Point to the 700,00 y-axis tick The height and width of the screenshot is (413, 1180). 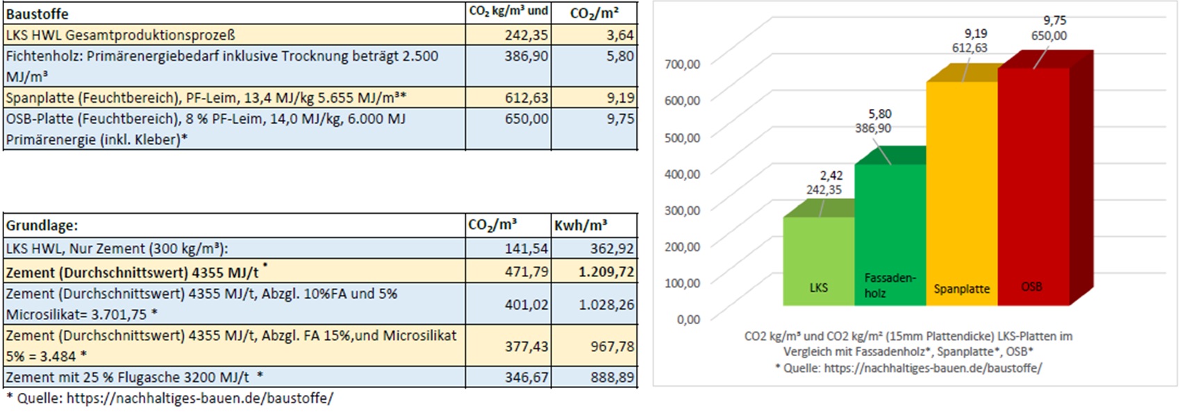tap(683, 64)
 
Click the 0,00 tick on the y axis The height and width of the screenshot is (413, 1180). tap(688, 319)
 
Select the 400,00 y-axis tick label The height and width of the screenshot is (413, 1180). tap(683, 174)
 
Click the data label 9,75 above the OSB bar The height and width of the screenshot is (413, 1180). tap(1054, 21)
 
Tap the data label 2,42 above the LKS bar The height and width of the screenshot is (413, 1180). tap(831, 176)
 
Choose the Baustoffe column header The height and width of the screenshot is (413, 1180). tap(38, 14)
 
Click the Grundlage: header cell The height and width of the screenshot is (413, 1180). tap(42, 226)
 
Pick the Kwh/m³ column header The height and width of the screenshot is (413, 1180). tap(581, 226)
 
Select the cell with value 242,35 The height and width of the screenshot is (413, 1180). tap(526, 35)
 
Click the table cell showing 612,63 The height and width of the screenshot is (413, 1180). tap(526, 98)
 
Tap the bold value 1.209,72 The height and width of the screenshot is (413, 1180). tap(606, 271)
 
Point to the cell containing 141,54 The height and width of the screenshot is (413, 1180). tap(526, 248)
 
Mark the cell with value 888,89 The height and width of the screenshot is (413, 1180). tap(610, 378)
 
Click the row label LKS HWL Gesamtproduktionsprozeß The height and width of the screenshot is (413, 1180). tap(121, 35)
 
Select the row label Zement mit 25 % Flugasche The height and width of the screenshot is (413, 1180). tap(128, 378)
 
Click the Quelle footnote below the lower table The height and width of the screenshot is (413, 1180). tap(169, 398)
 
